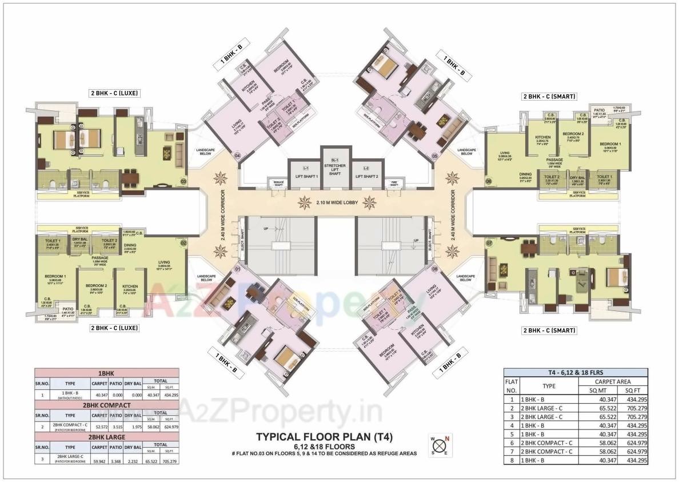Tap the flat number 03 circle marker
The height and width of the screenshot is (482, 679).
tap(183, 182)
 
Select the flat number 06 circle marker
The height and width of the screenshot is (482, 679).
tap(489, 182)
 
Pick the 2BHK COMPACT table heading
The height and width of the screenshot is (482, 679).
tap(107, 405)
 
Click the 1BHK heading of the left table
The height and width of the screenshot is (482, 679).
tap(107, 372)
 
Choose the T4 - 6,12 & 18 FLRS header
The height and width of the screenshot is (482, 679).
tap(576, 372)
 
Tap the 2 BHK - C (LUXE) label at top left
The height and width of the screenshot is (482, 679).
tap(114, 93)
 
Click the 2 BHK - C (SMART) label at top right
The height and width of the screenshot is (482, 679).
tap(549, 96)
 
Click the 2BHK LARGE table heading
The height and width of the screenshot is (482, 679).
tap(107, 436)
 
